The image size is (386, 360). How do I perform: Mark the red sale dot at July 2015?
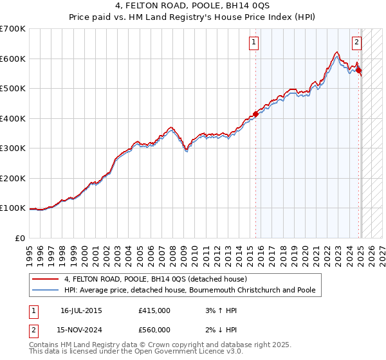tap(255, 114)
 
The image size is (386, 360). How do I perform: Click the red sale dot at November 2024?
tap(358, 71)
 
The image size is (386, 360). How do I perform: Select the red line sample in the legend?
tap(46, 279)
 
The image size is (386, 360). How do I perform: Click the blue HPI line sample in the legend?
tap(46, 290)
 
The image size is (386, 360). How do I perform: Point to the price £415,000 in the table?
tap(154, 310)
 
